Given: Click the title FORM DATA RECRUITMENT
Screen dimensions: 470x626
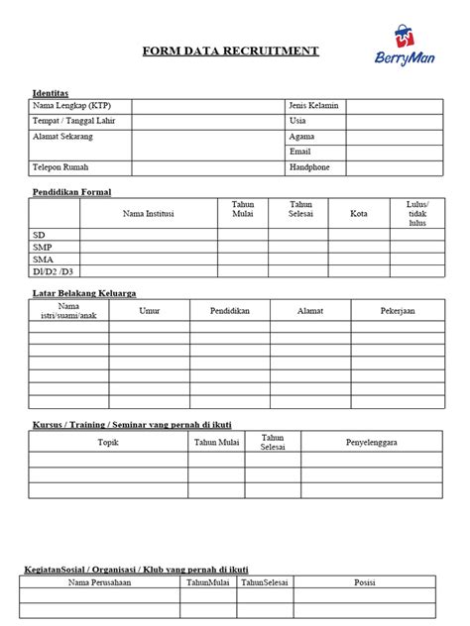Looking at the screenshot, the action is point(230,51).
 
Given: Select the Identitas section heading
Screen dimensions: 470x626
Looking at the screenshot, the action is point(51,92).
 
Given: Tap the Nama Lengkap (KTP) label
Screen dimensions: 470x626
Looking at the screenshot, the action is point(72,105).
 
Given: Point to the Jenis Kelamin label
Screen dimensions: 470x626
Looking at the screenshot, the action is point(313,105).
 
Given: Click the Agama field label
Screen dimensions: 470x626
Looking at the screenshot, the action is point(301,137).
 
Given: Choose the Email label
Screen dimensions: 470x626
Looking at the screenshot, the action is point(300,152).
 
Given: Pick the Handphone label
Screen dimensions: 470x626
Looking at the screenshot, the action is point(309,167).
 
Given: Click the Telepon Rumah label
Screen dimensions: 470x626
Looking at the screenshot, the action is point(67,167).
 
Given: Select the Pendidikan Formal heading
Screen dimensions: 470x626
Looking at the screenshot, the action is point(71,191).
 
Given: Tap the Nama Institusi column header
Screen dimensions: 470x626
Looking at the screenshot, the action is point(149,213).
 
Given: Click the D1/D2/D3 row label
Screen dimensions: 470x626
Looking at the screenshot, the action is point(52,270).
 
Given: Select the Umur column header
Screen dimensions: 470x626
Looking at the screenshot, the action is point(150,311).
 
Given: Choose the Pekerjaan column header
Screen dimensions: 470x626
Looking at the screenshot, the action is point(398,311).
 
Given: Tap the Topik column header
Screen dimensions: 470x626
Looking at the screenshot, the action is point(108,442).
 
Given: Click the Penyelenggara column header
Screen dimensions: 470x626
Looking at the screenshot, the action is point(371,442).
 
